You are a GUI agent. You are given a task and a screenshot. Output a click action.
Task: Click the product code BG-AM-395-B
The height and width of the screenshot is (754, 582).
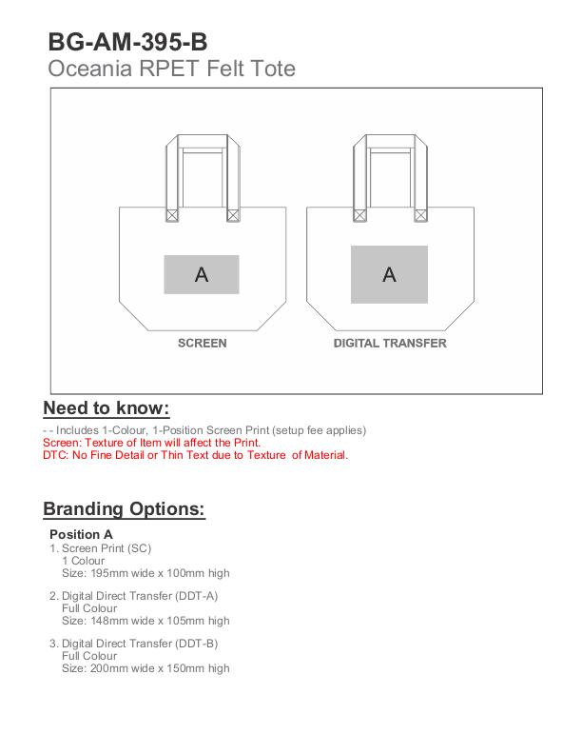pyautogui.click(x=128, y=42)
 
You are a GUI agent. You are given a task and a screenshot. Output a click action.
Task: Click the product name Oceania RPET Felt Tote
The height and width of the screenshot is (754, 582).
pyautogui.click(x=172, y=69)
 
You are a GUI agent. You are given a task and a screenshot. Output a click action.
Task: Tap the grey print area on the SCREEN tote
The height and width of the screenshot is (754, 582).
pyautogui.click(x=202, y=274)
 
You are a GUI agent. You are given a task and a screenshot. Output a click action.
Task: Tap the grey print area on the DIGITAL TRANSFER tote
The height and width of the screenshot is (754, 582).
pyautogui.click(x=389, y=274)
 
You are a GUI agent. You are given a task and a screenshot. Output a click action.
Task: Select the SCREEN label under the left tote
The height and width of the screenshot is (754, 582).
pyautogui.click(x=202, y=343)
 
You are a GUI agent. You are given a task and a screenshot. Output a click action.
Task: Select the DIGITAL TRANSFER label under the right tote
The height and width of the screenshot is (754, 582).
pyautogui.click(x=389, y=343)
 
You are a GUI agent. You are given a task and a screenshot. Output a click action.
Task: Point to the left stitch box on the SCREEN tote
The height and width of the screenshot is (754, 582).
pyautogui.click(x=172, y=216)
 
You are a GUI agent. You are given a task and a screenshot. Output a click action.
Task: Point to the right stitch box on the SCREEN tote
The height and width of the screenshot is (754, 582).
pyautogui.click(x=232, y=216)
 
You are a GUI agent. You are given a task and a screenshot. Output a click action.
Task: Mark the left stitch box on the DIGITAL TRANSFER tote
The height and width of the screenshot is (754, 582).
pyautogui.click(x=359, y=216)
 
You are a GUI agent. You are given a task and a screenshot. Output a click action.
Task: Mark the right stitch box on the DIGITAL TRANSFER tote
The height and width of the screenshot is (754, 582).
pyautogui.click(x=419, y=216)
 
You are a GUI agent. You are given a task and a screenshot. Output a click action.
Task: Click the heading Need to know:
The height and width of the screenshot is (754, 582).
pyautogui.click(x=107, y=408)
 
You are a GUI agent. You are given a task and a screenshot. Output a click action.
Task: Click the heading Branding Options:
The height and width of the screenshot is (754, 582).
pyautogui.click(x=124, y=508)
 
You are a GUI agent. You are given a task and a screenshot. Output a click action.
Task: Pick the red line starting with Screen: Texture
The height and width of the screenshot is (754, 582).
pyautogui.click(x=152, y=443)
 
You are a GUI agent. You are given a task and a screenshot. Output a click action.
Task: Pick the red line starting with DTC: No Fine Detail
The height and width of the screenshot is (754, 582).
pyautogui.click(x=196, y=455)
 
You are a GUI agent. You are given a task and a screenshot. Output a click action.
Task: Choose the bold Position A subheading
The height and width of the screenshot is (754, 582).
pyautogui.click(x=81, y=534)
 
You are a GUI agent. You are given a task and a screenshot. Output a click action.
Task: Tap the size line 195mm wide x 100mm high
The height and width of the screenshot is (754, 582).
pyautogui.click(x=145, y=573)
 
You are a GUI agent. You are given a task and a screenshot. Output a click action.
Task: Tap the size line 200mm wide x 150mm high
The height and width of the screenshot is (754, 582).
pyautogui.click(x=145, y=668)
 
